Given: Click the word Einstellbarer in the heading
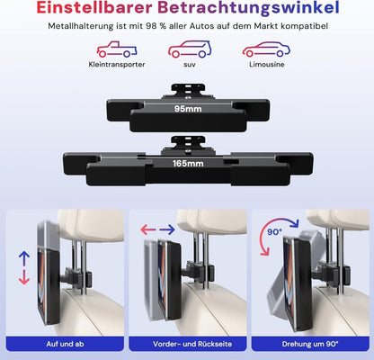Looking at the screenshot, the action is pos(94,7).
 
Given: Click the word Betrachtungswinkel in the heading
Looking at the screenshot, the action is pos(248,8).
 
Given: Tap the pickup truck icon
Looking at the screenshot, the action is pos(117,49).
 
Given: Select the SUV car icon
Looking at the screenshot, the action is pos(190,49).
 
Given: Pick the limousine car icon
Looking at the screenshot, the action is pos(266,49).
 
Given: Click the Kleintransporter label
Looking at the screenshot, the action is pos(117,65).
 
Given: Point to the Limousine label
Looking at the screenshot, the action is pos(267,64).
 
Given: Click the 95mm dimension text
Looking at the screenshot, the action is pos(188,109).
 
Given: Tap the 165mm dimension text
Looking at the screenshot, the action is pos(188,164).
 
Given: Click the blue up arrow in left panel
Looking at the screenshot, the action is pos(24,258).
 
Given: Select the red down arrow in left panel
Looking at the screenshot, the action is pos(24,277).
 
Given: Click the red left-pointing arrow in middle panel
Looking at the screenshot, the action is pos(148,230).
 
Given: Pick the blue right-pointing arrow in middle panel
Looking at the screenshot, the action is pos(167,230).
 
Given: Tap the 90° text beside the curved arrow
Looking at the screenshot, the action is pos(275,232).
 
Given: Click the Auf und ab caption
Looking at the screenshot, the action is pos(65,344).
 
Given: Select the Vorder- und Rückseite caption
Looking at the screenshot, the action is pos(192,344).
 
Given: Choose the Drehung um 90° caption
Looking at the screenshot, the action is pos(310,344).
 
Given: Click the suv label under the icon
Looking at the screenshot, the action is pos(190,65).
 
